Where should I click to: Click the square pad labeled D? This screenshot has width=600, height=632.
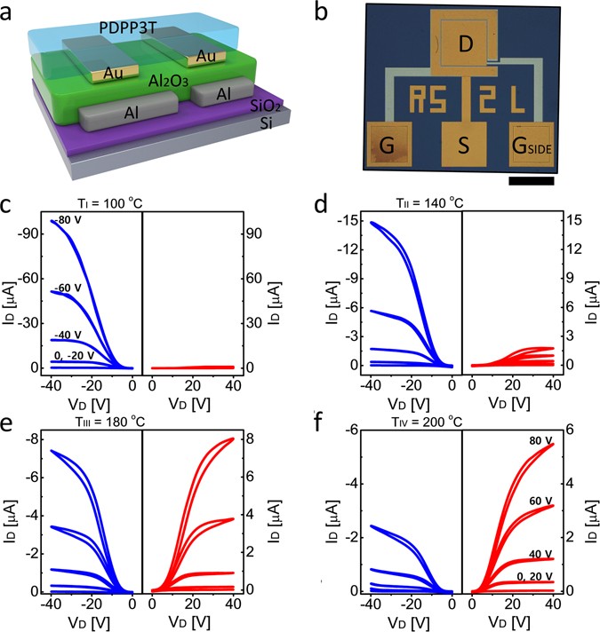coord(460,43)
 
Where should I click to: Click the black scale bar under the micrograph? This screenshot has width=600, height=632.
coord(533,181)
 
